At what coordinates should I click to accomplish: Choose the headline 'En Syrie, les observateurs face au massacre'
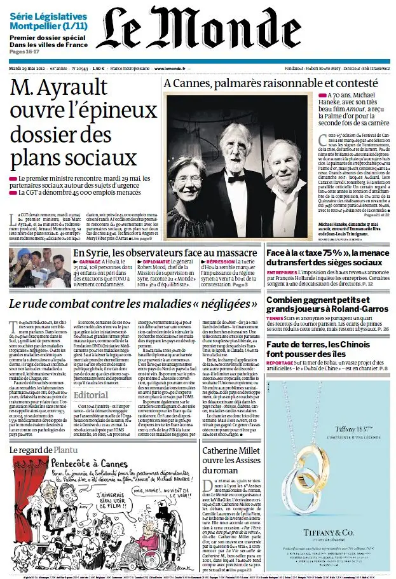pyautogui.click(x=165, y=254)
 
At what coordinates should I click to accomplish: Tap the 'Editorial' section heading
pyautogui.click(x=91, y=395)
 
